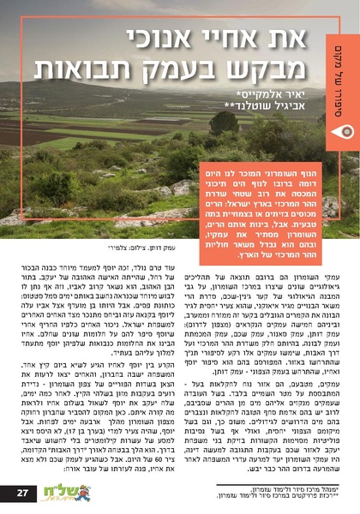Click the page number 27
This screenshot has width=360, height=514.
[x=24, y=492]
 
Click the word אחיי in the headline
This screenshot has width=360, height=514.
[x=226, y=39]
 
